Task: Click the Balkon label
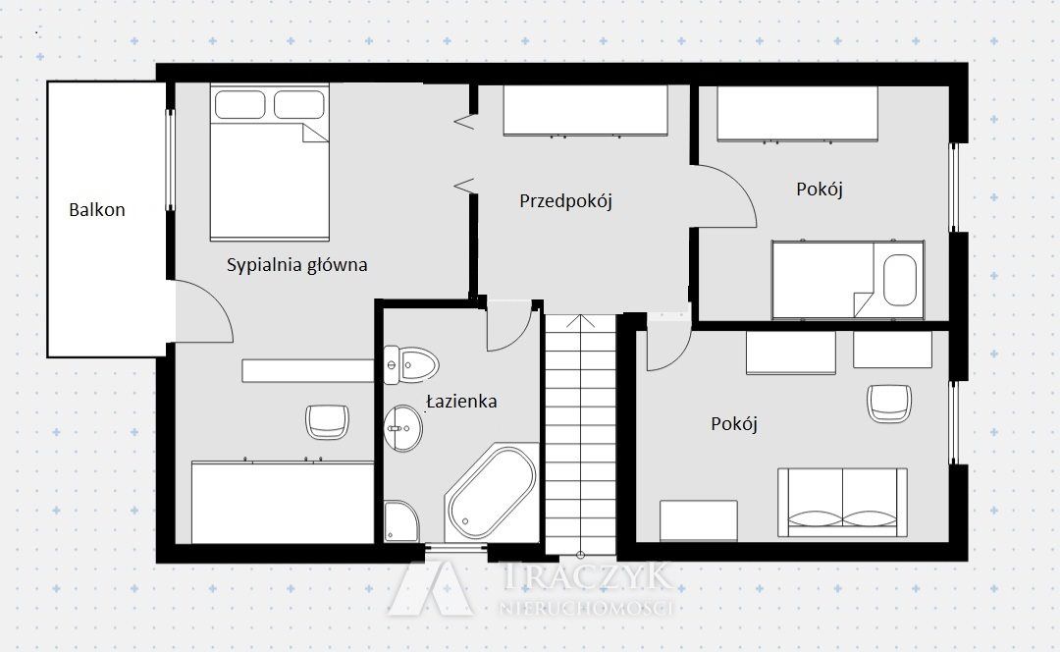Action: [x=96, y=210]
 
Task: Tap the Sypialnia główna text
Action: [x=296, y=264]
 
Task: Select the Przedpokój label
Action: [x=566, y=201]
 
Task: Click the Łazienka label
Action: [x=462, y=401]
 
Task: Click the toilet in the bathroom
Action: [x=410, y=365]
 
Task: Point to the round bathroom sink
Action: [x=403, y=428]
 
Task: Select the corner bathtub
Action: [x=492, y=492]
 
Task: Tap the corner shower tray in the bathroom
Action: [x=400, y=520]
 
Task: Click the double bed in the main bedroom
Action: [x=269, y=162]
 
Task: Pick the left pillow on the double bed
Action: [x=240, y=105]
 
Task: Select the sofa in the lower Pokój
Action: [x=842, y=502]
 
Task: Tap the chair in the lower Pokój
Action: [x=889, y=404]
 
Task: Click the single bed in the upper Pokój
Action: [x=848, y=279]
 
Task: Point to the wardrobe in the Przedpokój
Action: [x=585, y=110]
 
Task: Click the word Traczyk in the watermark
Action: [x=588, y=576]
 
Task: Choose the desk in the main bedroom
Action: [x=307, y=370]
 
